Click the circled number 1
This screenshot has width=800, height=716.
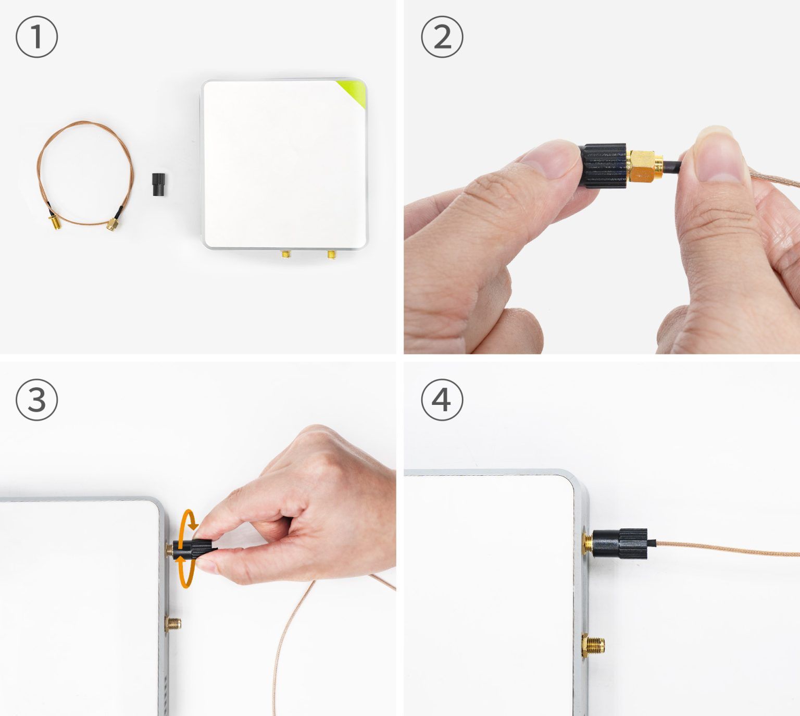pyautogui.click(x=36, y=37)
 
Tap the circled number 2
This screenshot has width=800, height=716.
pyautogui.click(x=442, y=37)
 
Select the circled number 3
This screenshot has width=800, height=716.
pyautogui.click(x=36, y=400)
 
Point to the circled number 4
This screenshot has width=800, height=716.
pyautogui.click(x=442, y=400)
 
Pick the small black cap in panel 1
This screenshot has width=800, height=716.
pyautogui.click(x=157, y=184)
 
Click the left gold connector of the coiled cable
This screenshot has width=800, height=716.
pyautogui.click(x=55, y=224)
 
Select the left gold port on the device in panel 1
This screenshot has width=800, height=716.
pyautogui.click(x=286, y=255)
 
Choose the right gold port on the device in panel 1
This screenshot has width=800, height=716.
pyautogui.click(x=331, y=255)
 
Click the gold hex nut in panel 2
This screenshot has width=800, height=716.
pyautogui.click(x=644, y=166)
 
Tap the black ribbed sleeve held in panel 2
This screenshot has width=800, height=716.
pyautogui.click(x=604, y=166)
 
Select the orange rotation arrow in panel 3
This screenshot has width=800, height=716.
pyautogui.click(x=186, y=550)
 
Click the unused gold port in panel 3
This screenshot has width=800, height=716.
pyautogui.click(x=173, y=623)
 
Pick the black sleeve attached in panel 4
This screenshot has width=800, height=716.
pyautogui.click(x=620, y=544)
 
